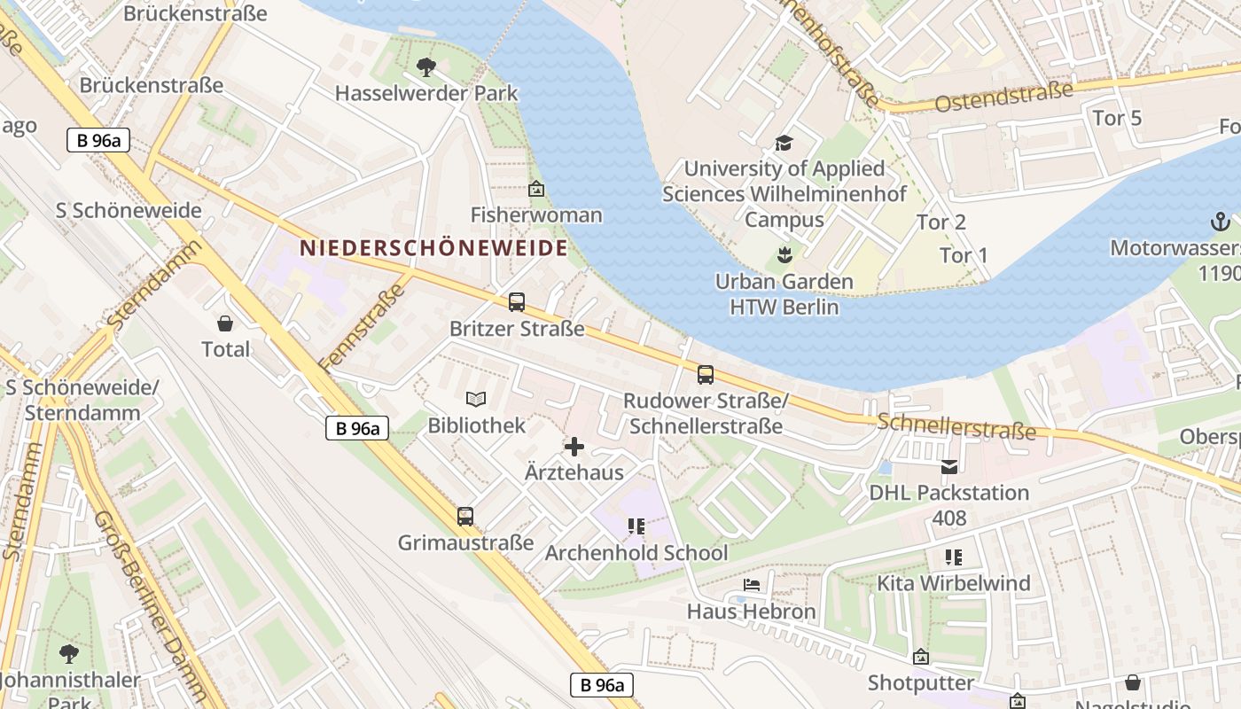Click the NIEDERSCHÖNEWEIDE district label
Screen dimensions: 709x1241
point(433,248)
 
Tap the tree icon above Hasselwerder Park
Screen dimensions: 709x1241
point(426,66)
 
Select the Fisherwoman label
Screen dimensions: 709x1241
point(535,215)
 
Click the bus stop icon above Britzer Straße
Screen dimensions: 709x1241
point(517,302)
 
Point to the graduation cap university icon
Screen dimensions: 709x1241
point(784,143)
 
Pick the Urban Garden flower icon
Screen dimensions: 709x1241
point(784,257)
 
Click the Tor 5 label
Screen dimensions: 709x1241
point(1117,118)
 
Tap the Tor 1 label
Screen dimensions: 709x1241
point(964,255)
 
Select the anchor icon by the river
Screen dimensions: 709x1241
point(1221,222)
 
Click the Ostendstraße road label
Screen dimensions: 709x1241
point(1003,96)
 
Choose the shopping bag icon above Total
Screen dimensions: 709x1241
point(225,323)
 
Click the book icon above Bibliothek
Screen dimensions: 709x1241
point(476,400)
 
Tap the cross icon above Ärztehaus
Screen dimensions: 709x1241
point(574,447)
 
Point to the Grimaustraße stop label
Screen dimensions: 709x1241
point(465,542)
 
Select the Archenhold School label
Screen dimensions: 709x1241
point(636,553)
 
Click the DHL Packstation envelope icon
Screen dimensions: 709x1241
point(949,467)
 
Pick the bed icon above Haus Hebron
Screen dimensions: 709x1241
point(751,585)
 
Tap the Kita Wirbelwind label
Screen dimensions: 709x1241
point(954,583)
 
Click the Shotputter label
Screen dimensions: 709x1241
point(921,682)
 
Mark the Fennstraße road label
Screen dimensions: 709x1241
point(365,323)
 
